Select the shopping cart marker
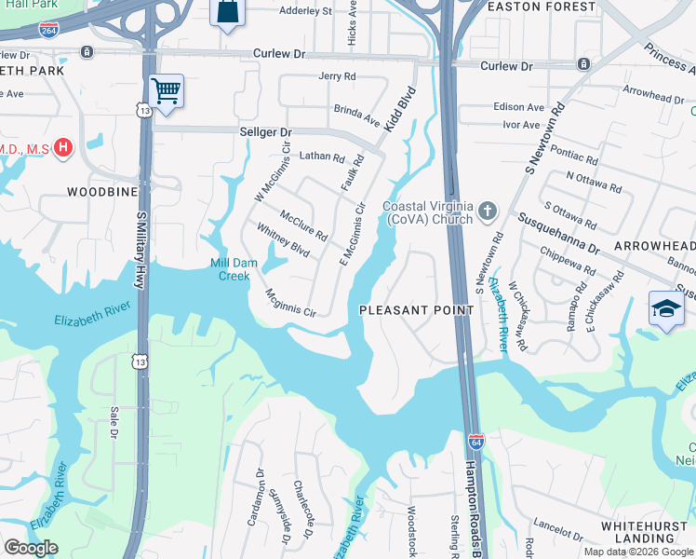click(x=166, y=91)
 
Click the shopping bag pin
click(x=226, y=12)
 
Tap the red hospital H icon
click(x=63, y=147)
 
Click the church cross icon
click(x=487, y=212)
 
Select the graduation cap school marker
click(x=666, y=308)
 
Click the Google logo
click(x=31, y=548)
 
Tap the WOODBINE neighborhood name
click(x=102, y=192)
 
